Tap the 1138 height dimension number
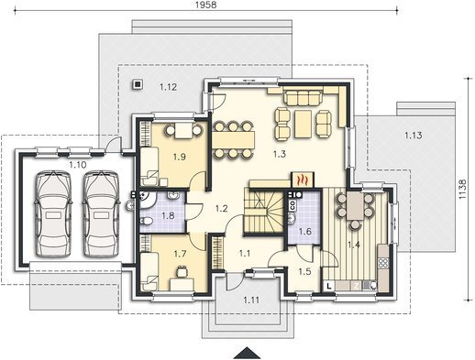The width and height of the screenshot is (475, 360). [463, 189]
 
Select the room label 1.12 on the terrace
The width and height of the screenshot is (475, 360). [168, 87]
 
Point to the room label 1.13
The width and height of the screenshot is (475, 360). [414, 135]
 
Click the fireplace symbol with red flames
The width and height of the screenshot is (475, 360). [302, 180]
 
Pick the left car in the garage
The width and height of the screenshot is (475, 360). [53, 213]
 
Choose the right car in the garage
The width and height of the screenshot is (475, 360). [101, 213]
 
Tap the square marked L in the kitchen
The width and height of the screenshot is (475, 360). [329, 286]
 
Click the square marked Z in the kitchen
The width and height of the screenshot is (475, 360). [356, 286]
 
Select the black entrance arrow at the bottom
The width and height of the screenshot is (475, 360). [247, 353]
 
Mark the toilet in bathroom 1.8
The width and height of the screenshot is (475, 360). [145, 221]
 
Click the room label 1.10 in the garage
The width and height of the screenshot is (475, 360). [78, 165]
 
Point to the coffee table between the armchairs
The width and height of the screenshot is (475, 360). [303, 124]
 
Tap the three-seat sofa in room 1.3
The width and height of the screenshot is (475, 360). [303, 95]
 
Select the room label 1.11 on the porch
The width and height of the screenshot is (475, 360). [251, 300]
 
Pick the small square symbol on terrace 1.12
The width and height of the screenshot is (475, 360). [138, 84]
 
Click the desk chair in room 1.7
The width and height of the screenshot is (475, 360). [182, 271]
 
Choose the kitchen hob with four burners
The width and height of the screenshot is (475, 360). [383, 263]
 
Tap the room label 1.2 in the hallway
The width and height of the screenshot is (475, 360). [221, 209]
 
